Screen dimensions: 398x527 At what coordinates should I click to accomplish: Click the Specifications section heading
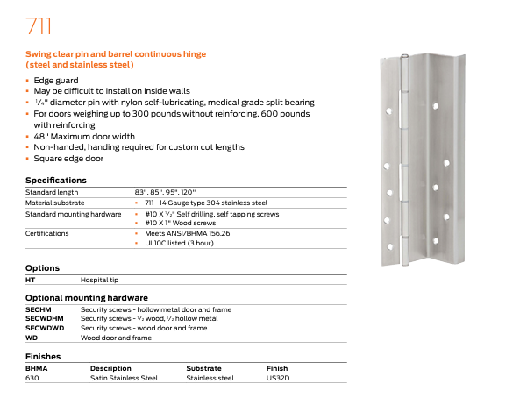(x=56, y=180)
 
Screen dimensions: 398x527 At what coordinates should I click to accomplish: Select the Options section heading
(x=42, y=268)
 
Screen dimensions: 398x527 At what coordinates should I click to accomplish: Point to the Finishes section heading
(x=43, y=357)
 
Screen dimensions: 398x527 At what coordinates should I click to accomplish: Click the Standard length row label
(x=52, y=191)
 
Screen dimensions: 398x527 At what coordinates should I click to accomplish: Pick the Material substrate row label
(x=54, y=202)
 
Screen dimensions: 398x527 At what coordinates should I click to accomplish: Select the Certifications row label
(x=47, y=233)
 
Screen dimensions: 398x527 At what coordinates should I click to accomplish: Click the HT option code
(x=31, y=280)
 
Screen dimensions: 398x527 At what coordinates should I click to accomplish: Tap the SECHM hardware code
(x=39, y=309)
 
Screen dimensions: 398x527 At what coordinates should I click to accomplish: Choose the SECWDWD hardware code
(x=44, y=328)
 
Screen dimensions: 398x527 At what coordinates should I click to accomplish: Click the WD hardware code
(x=32, y=338)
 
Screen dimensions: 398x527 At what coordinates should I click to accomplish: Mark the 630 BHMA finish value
(x=32, y=378)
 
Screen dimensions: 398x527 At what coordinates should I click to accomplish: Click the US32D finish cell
(x=277, y=378)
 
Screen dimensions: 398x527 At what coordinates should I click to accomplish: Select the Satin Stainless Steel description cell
(x=124, y=378)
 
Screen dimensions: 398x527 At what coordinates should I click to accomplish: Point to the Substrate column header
(x=204, y=368)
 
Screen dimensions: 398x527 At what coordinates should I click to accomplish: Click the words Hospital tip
(x=100, y=280)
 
